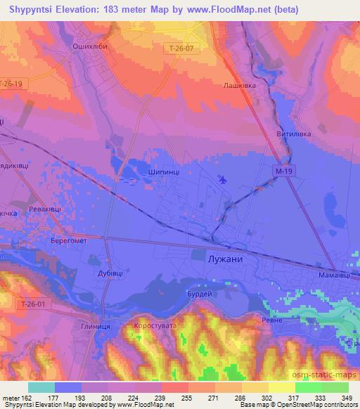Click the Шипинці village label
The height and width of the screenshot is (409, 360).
(164, 171)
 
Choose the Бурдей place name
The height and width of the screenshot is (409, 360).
(199, 294)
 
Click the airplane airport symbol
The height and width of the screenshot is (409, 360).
(224, 180)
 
